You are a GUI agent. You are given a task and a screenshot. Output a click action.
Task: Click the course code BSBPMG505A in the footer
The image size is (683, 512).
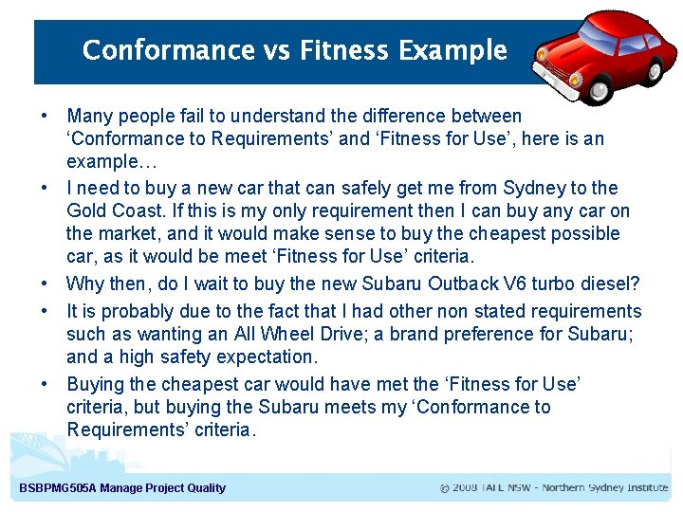point(54,488)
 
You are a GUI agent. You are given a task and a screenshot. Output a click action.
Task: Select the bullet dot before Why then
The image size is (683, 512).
point(45,283)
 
